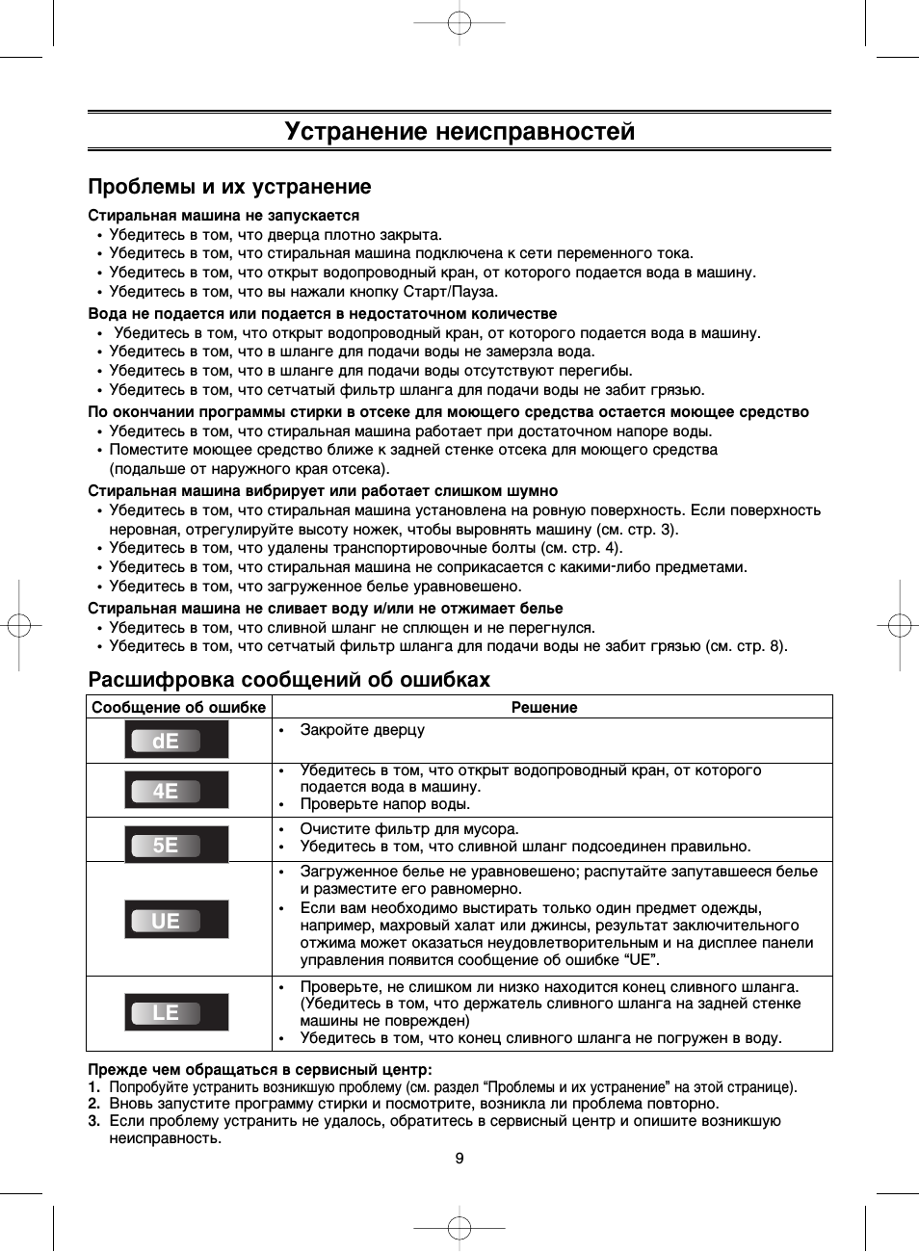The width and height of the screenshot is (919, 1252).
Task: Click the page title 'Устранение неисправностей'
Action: [x=459, y=131]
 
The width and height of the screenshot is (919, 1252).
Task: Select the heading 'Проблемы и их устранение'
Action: [x=229, y=187]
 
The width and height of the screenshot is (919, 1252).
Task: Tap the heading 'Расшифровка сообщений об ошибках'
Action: [x=289, y=680]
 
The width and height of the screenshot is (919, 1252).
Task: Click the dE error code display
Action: [x=176, y=741]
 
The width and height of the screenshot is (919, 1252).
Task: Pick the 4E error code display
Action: [x=176, y=791]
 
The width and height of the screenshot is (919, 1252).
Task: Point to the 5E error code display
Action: [x=176, y=845]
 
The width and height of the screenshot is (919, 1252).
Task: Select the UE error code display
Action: [x=176, y=920]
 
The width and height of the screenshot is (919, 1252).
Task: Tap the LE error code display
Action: [x=176, y=1012]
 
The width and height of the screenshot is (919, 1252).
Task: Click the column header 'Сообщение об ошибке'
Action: [x=178, y=707]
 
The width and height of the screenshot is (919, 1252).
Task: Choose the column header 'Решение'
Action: [x=544, y=707]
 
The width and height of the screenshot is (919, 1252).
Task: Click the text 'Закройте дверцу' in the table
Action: [x=362, y=730]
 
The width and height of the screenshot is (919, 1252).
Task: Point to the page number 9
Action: [x=459, y=1158]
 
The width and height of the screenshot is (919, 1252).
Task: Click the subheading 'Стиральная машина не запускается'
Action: [x=223, y=216]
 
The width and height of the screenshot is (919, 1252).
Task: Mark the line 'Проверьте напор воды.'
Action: [x=385, y=804]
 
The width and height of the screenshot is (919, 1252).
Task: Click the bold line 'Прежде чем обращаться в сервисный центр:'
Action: [x=260, y=1069]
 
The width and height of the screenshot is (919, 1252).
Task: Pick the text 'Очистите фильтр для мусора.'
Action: [x=409, y=829]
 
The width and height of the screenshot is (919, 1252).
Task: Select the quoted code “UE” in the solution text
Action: [x=641, y=960]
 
